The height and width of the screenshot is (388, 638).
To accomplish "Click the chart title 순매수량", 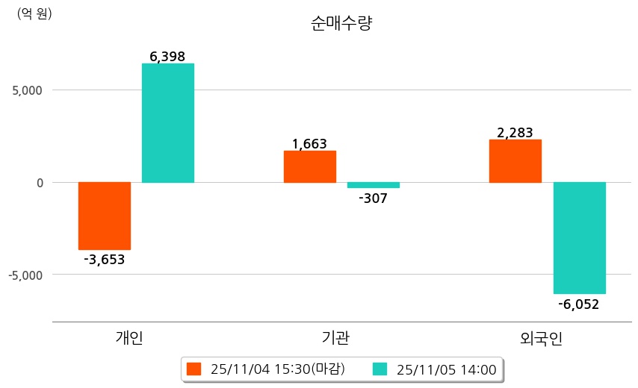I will (341, 23).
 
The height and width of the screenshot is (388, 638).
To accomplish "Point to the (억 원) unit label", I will (34, 13).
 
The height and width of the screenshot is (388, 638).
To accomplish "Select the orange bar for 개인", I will (105, 216).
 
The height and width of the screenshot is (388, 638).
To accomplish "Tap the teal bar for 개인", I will (168, 123).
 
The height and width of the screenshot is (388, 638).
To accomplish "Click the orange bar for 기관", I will (310, 166).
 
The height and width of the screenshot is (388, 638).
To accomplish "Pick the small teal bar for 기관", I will (374, 185).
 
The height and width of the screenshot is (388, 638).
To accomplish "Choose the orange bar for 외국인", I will (515, 161).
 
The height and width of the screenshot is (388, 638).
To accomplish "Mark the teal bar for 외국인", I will (580, 238).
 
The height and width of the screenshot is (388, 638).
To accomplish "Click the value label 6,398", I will (167, 57).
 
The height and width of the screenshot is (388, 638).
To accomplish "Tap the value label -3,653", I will (105, 260).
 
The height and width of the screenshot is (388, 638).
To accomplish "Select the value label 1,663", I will (309, 144).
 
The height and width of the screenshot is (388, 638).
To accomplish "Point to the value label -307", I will (374, 198).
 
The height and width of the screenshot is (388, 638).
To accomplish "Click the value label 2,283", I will (515, 133).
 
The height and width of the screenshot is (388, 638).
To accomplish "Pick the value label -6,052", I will (579, 304).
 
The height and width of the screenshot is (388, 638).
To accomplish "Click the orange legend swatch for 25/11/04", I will (194, 369).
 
